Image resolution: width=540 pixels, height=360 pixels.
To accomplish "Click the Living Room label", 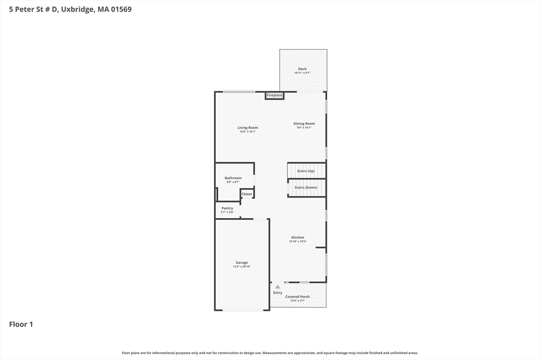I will pyautogui.click(x=247, y=128).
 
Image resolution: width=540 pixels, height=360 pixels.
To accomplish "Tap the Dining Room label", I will pyautogui.click(x=304, y=123).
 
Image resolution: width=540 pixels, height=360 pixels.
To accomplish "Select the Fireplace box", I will pyautogui.click(x=275, y=95).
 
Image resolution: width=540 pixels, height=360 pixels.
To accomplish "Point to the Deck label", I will pyautogui.click(x=302, y=69).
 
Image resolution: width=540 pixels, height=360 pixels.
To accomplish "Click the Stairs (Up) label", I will pyautogui.click(x=306, y=171).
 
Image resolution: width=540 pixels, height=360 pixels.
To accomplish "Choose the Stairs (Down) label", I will pyautogui.click(x=306, y=188).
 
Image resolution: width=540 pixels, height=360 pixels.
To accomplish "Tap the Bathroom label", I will pyautogui.click(x=233, y=178).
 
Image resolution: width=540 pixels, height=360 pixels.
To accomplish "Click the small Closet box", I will pyautogui.click(x=247, y=194).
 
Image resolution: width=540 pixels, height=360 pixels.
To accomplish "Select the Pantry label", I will pyautogui.click(x=227, y=208).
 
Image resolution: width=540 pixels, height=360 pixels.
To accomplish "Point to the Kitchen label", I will pyautogui.click(x=297, y=238).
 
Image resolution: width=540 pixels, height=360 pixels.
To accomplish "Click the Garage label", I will pyautogui.click(x=242, y=262).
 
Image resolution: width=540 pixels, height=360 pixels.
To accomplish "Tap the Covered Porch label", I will pyautogui.click(x=297, y=297).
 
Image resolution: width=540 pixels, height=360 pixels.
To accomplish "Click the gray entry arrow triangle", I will pyautogui.click(x=278, y=287).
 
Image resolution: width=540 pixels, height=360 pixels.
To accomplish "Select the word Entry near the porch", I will pyautogui.click(x=277, y=293).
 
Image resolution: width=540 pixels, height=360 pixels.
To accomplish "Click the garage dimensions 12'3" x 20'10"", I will pyautogui.click(x=242, y=267).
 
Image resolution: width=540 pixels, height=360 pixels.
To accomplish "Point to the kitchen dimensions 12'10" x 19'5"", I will pyautogui.click(x=297, y=242).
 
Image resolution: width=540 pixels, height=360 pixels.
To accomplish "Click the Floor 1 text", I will pyautogui.click(x=21, y=324).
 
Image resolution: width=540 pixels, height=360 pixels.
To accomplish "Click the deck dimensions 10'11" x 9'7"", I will pyautogui.click(x=302, y=73).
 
